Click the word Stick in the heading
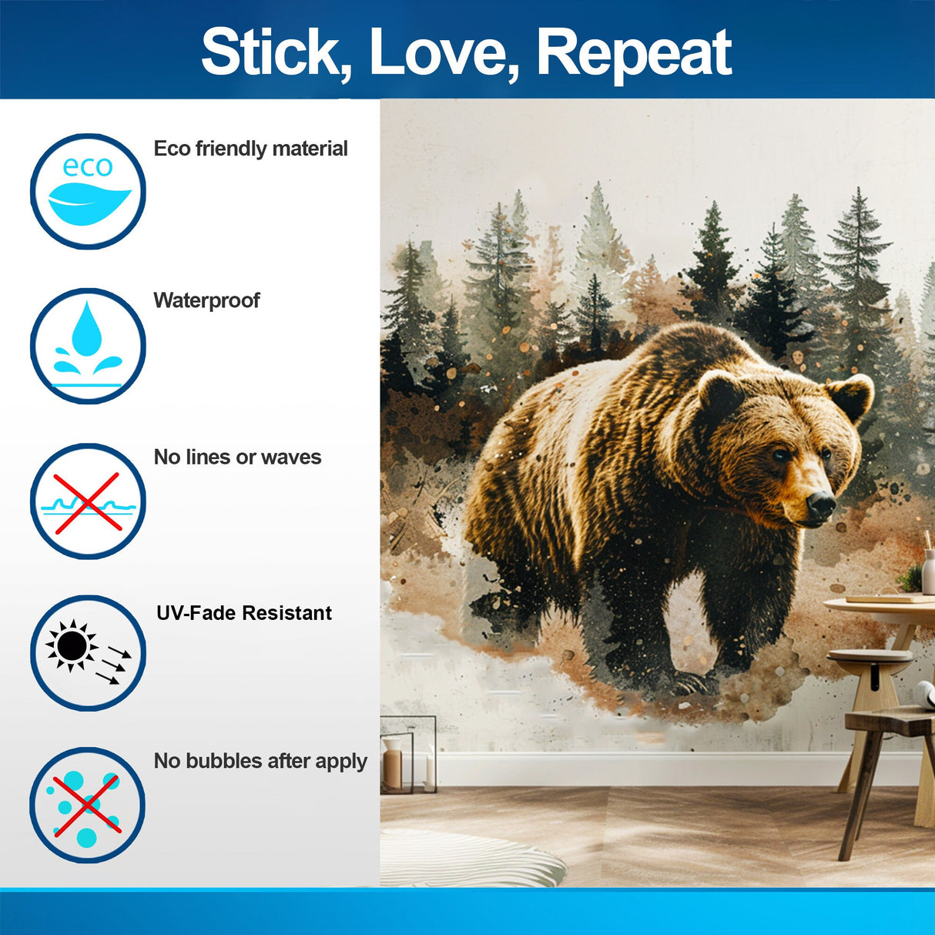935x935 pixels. pos(270,52)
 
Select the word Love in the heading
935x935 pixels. pos(439,52)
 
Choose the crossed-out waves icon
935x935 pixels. pos(88,501)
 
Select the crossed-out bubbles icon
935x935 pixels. pos(88,805)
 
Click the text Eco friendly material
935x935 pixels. pos(250,149)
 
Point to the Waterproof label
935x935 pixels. pos(206,300)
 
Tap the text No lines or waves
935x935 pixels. pos(237,457)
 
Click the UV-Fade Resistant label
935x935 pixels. pos(244,613)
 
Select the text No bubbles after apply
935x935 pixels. pos(260,761)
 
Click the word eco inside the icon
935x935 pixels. pos(87,166)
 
